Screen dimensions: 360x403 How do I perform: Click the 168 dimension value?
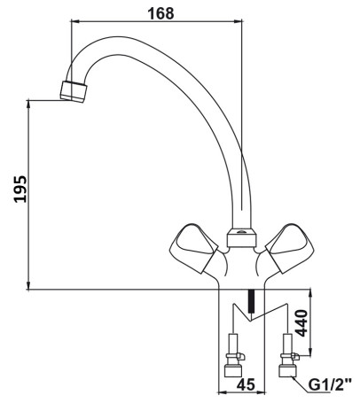point(161,13)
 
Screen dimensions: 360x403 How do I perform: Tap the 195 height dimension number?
point(20,189)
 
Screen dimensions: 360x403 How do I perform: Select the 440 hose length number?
point(301,323)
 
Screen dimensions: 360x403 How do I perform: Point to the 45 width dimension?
point(246,384)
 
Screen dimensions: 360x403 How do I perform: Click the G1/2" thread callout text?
point(330,385)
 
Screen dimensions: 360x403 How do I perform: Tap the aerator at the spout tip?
point(74,91)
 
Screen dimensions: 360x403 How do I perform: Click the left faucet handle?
point(193,248)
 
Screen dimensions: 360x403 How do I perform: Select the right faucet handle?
point(290,248)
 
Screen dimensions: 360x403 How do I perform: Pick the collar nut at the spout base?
point(241,238)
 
